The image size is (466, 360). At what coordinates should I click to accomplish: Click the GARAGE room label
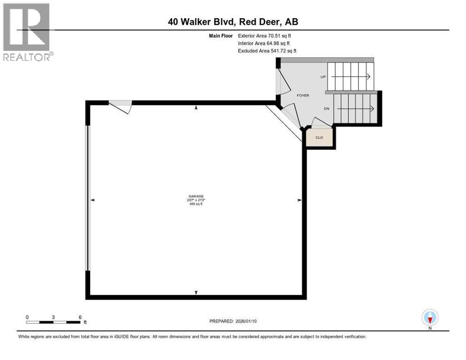pos(196,196)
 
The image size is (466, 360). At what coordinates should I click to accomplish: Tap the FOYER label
pos(303,95)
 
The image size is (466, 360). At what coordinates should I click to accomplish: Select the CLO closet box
pos(319,137)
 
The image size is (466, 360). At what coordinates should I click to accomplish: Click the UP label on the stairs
pos(323,76)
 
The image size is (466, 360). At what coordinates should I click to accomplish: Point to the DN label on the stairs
pos(327,108)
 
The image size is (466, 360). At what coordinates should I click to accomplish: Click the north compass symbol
pos(429,318)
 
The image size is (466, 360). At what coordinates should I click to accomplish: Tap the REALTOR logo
pos(27,32)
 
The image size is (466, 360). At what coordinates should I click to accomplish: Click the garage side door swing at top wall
pos(121,107)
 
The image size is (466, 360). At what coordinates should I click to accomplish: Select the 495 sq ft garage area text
pos(196,204)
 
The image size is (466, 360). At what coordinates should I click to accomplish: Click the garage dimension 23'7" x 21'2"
pos(196,200)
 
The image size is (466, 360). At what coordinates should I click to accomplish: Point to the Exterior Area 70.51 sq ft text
pos(267,36)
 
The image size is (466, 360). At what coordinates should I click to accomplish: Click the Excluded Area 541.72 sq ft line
pos(267,51)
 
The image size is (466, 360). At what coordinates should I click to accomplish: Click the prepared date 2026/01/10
pos(233,321)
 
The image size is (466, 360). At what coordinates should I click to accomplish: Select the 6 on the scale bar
pos(80,317)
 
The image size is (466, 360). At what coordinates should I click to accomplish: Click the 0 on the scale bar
pos(27,317)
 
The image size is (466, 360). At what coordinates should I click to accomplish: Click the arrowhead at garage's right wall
pos(299,200)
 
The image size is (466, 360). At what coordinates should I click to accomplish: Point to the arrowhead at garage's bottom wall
pos(196,292)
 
